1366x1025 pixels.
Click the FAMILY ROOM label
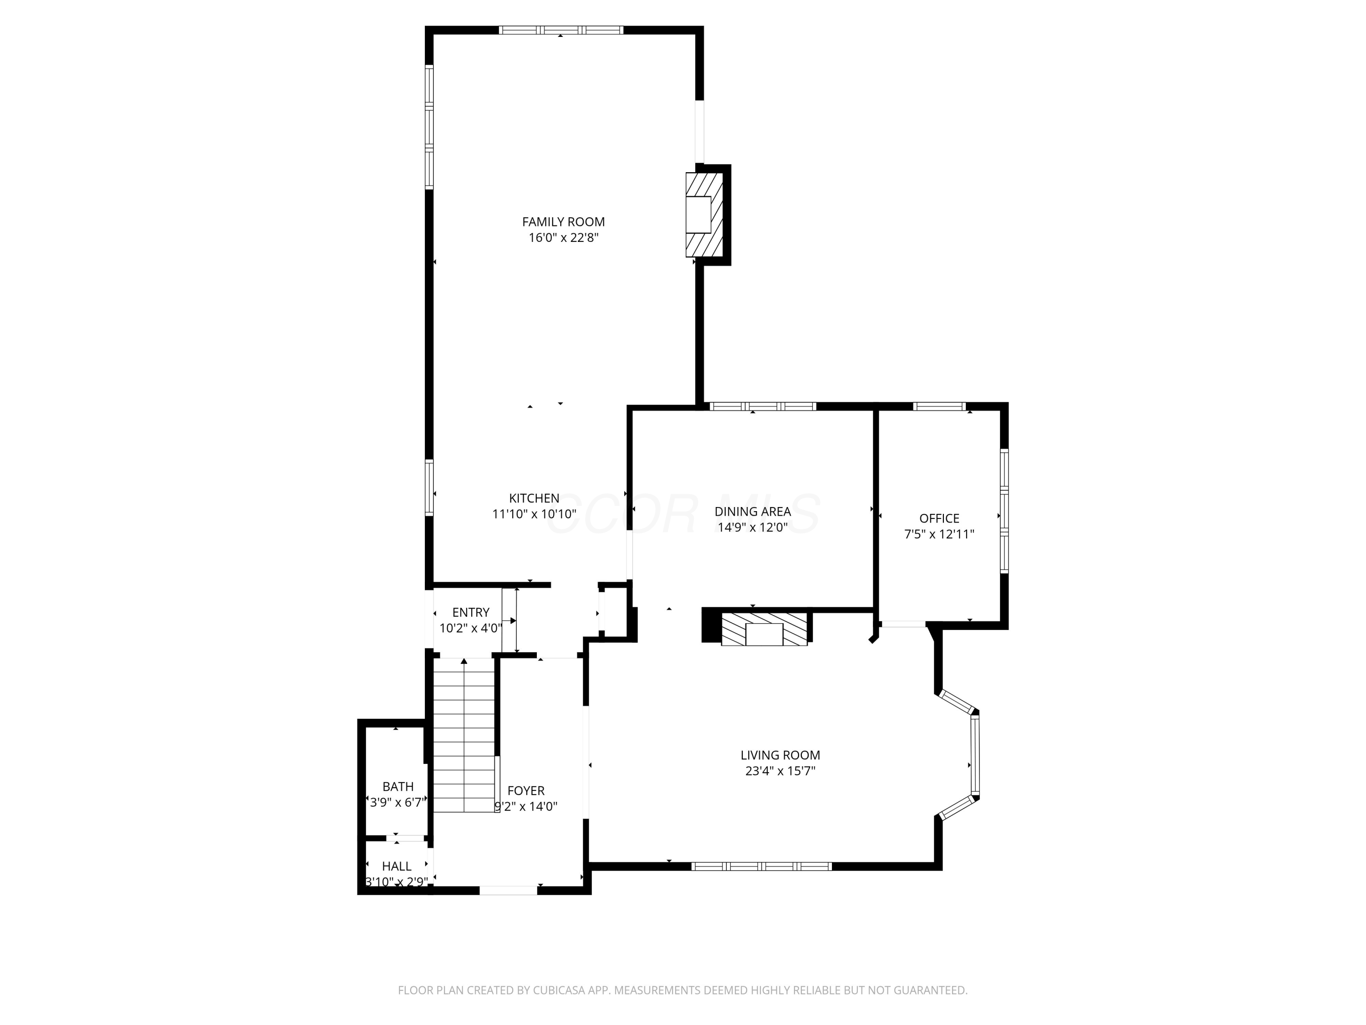[x=563, y=222]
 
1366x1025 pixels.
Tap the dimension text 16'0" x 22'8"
[x=563, y=238]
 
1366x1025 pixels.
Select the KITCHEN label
[x=534, y=498]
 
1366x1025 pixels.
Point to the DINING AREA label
[x=752, y=512]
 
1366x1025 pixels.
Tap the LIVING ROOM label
[x=780, y=755]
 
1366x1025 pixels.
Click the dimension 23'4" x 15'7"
[x=780, y=771]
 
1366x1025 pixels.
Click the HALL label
[x=397, y=866]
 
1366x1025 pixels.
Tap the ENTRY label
[x=470, y=612]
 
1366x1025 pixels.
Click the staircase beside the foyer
[x=464, y=735]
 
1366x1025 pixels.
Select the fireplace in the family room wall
[x=703, y=215]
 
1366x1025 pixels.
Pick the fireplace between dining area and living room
[x=764, y=630]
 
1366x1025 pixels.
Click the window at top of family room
[x=561, y=30]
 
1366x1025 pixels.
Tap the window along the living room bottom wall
[x=761, y=866]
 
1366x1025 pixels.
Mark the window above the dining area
[x=763, y=406]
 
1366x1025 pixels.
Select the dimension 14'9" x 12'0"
[x=752, y=528]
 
